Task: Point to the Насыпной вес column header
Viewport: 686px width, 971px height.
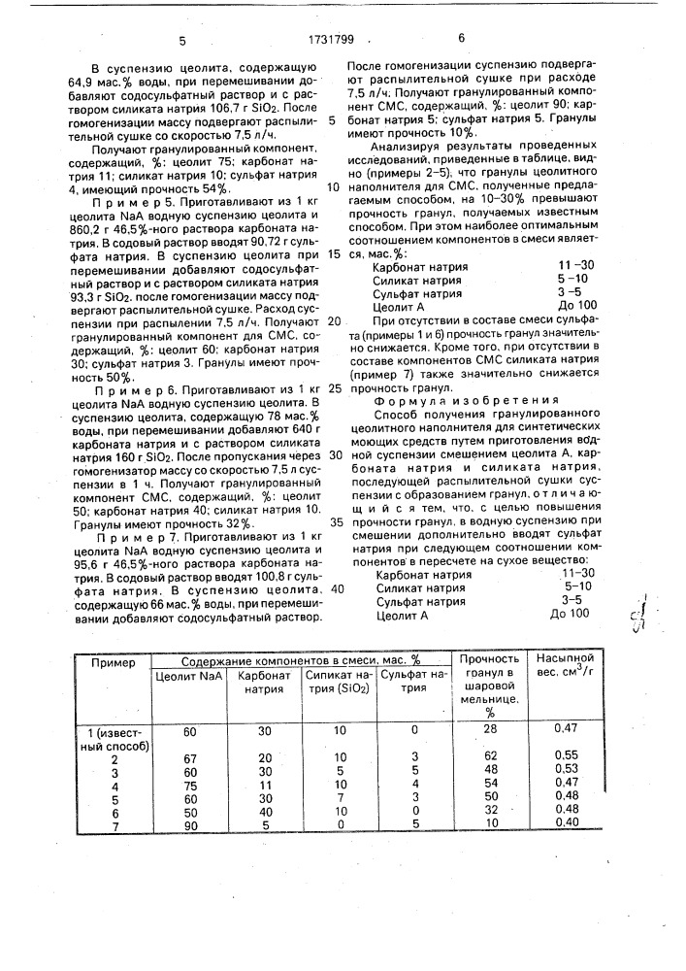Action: (x=564, y=669)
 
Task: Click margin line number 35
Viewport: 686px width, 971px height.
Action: (x=334, y=521)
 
